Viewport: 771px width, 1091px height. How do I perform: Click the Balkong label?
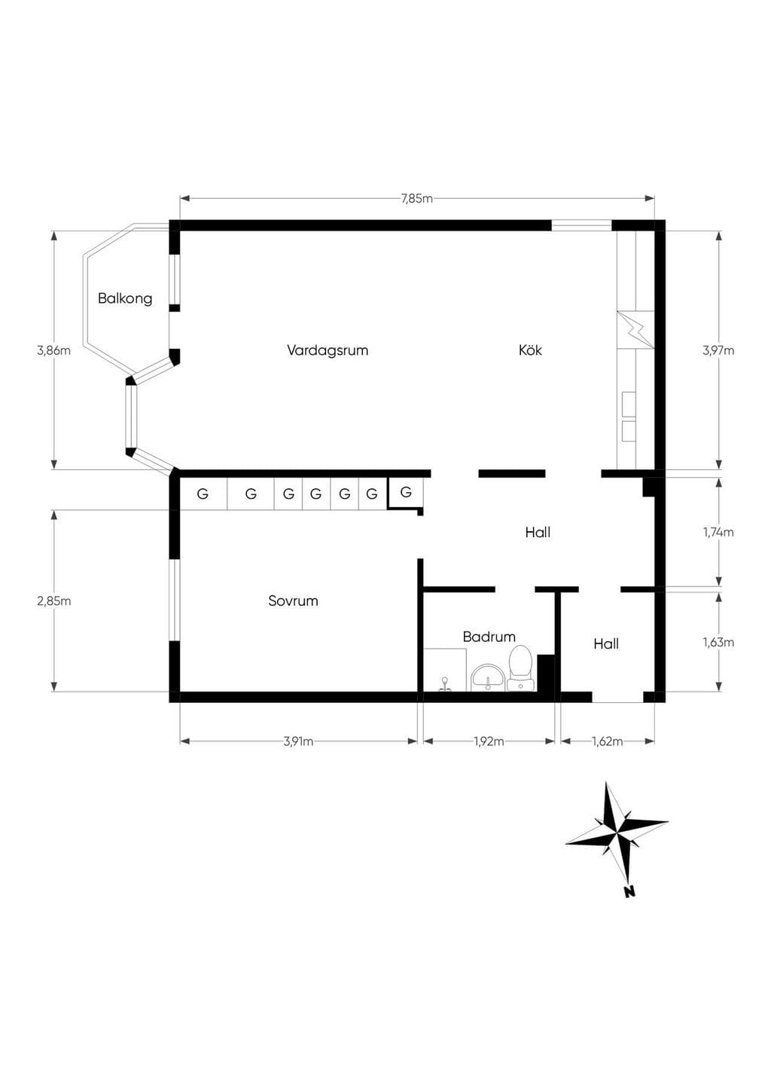pyautogui.click(x=125, y=298)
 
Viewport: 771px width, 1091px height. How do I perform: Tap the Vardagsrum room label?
pyautogui.click(x=328, y=350)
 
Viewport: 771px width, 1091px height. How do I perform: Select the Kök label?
pyautogui.click(x=530, y=350)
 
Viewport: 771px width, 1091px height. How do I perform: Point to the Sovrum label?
pyautogui.click(x=293, y=601)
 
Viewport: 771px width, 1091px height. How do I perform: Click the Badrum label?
pyautogui.click(x=489, y=637)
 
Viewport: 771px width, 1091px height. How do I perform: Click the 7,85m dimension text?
pyautogui.click(x=417, y=199)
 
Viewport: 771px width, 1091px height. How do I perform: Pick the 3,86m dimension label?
pyautogui.click(x=54, y=350)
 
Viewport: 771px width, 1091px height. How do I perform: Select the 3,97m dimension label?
pyautogui.click(x=718, y=350)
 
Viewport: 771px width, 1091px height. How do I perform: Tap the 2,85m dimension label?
pyautogui.click(x=54, y=601)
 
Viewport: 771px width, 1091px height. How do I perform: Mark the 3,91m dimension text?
pyautogui.click(x=298, y=742)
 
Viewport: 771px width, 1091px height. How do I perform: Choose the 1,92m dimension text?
pyautogui.click(x=489, y=742)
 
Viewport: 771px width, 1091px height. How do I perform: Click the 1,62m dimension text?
pyautogui.click(x=608, y=742)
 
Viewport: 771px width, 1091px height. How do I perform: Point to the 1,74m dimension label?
pyautogui.click(x=718, y=533)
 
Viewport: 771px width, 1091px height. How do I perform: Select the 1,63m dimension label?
pyautogui.click(x=718, y=643)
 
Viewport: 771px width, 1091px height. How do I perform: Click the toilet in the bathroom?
pyautogui.click(x=520, y=668)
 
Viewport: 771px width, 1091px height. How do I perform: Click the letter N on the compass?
pyautogui.click(x=630, y=892)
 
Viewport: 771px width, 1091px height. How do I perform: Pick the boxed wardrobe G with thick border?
pyautogui.click(x=406, y=493)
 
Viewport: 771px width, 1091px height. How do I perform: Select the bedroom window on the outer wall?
pyautogui.click(x=174, y=600)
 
